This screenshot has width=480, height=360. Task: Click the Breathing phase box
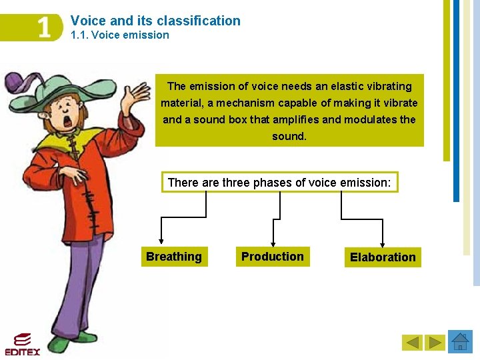click(174, 257)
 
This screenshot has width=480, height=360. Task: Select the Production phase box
click(272, 257)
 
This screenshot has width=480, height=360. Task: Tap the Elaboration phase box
click(383, 257)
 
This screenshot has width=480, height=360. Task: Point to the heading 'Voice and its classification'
click(155, 21)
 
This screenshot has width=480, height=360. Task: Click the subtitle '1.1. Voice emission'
click(120, 35)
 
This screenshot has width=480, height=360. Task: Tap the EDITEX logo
click(22, 344)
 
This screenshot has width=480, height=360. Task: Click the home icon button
click(460, 342)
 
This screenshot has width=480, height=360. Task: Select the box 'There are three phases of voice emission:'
click(280, 182)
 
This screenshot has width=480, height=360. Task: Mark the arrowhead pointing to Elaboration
click(383, 244)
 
